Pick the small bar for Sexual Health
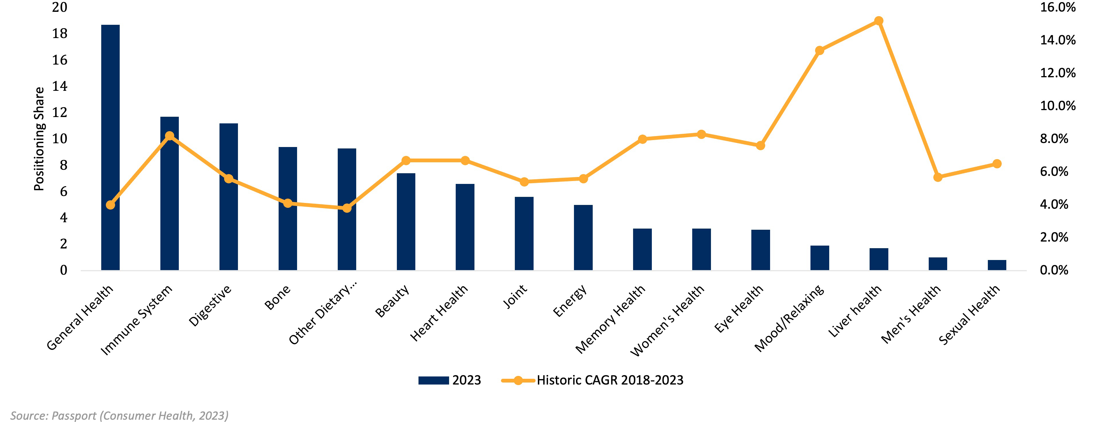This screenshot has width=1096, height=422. [997, 265]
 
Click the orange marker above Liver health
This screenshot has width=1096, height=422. [879, 21]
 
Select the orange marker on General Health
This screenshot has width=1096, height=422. [110, 205]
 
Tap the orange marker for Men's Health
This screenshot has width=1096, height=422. [938, 177]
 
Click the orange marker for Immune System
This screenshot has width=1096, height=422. [169, 136]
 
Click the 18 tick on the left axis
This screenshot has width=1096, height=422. [60, 34]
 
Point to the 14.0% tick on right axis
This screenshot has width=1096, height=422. [1057, 40]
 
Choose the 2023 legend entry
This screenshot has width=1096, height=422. [450, 380]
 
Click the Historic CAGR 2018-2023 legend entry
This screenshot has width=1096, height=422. [592, 380]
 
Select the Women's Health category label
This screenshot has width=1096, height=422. [667, 321]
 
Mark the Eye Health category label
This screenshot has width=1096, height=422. [739, 309]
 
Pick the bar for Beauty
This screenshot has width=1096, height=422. [406, 221]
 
